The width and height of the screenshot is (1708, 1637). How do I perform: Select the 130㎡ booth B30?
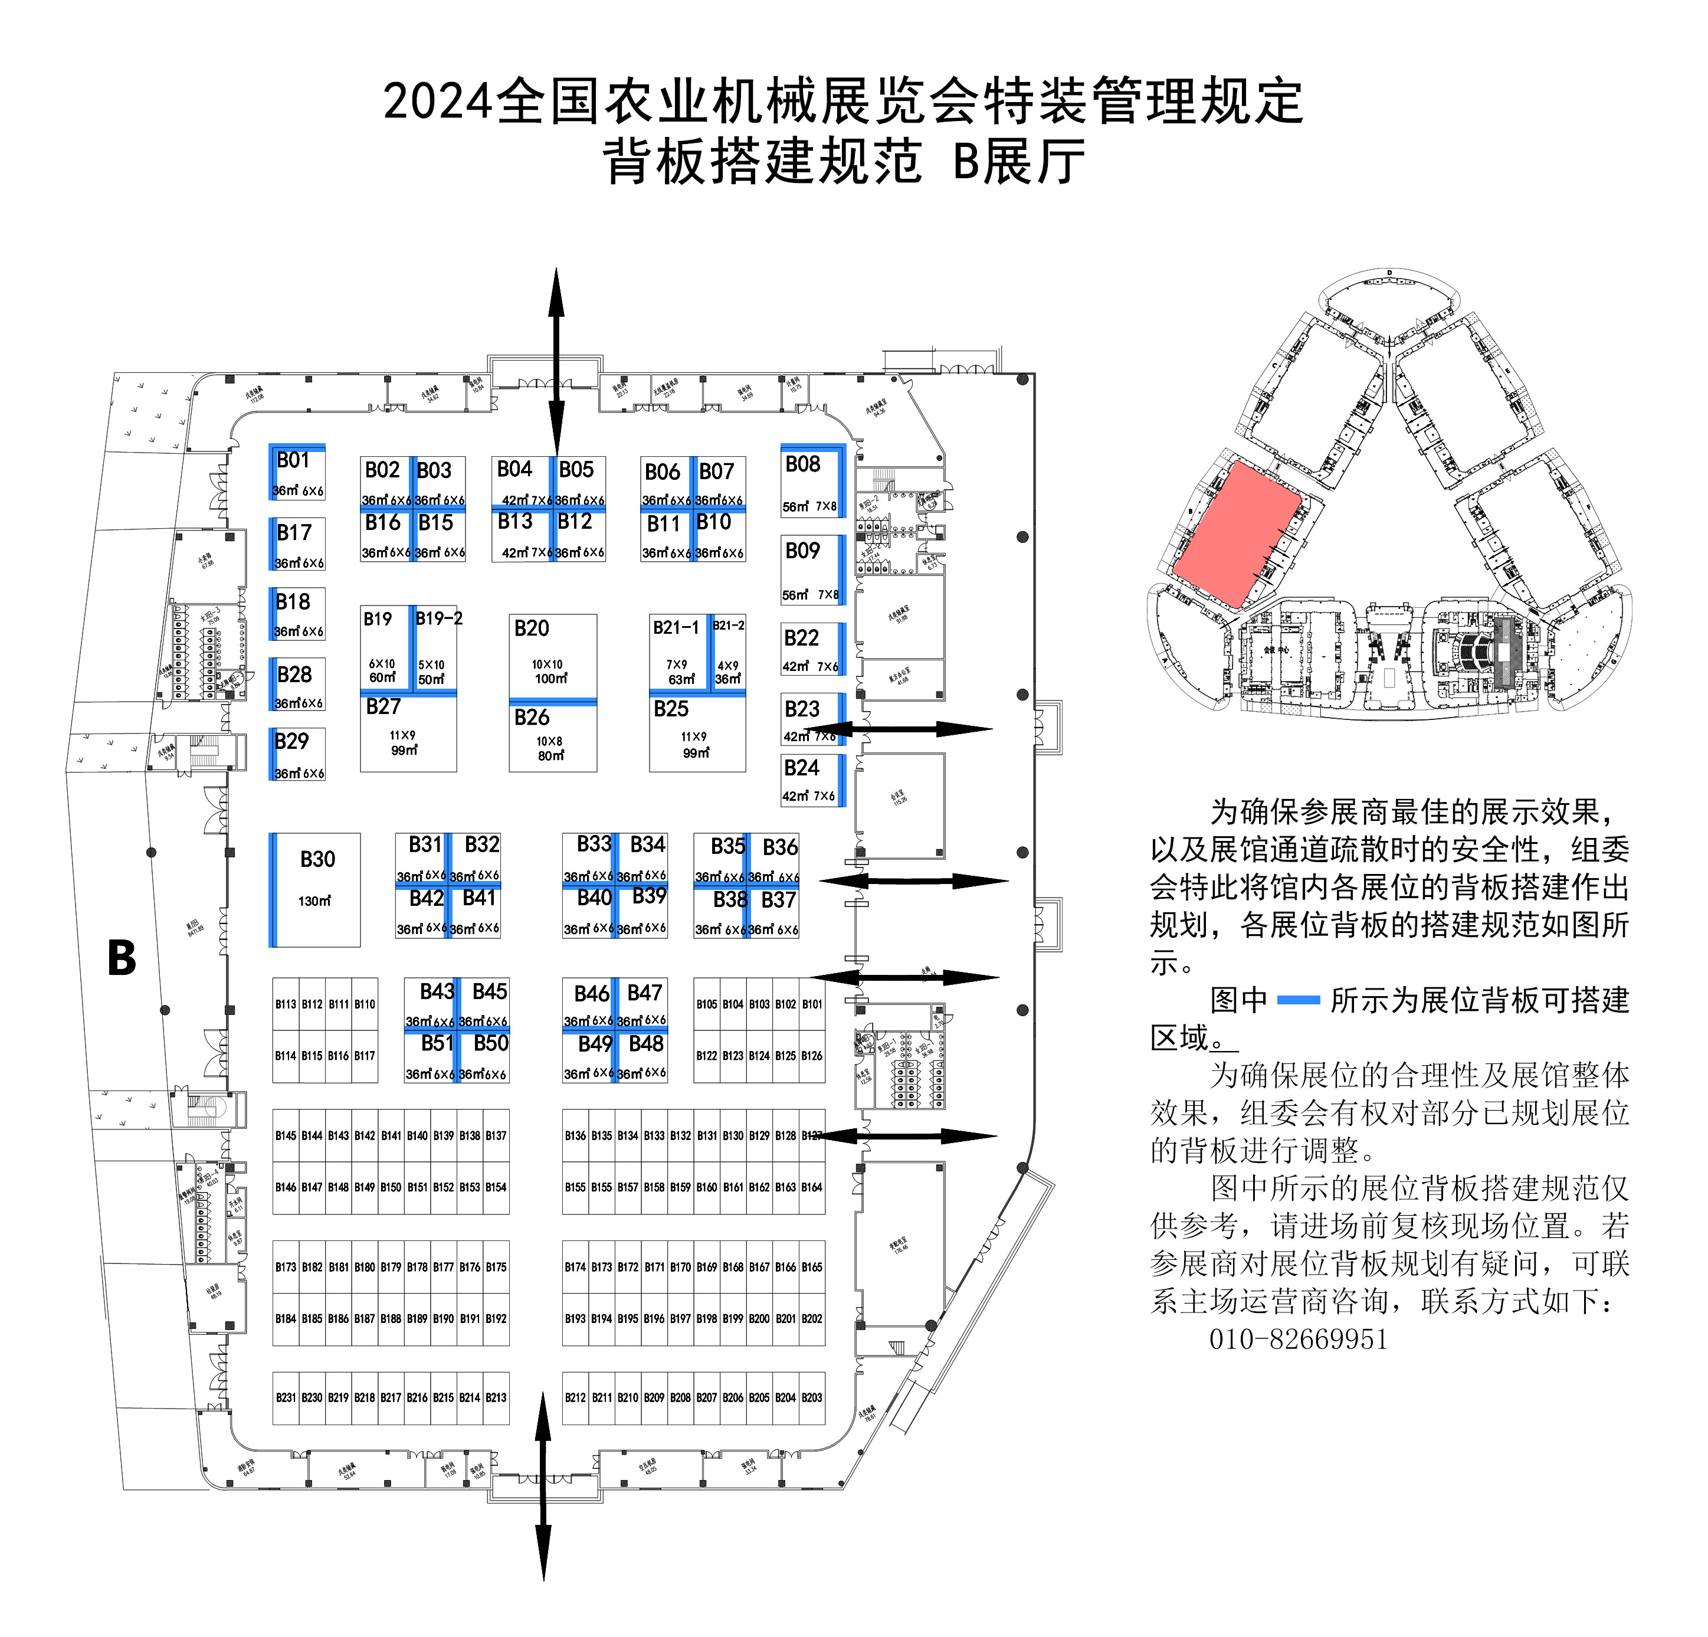point(316,889)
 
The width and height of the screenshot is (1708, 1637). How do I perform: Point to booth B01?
point(298,473)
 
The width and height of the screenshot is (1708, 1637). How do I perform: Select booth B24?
point(811,780)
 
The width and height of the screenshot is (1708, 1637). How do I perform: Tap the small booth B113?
point(286,1004)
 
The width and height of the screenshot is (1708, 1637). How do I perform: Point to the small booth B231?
point(286,1397)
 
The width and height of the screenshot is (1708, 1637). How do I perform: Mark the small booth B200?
point(759,1319)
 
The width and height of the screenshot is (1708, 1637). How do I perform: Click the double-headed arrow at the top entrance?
point(556,360)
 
